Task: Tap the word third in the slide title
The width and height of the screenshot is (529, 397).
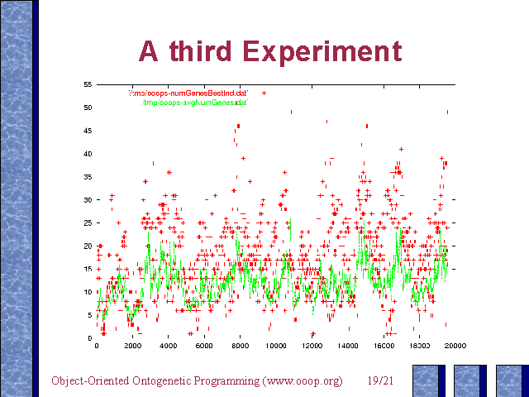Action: click(x=215, y=50)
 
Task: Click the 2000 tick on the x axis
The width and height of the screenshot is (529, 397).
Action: click(x=133, y=346)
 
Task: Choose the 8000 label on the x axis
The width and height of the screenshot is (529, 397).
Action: click(x=240, y=346)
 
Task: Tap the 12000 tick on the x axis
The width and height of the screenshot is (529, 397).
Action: click(x=312, y=346)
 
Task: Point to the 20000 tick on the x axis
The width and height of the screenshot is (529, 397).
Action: click(x=455, y=346)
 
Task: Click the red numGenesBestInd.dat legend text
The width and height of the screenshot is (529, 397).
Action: click(x=194, y=93)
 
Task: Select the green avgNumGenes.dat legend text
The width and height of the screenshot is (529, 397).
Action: click(x=195, y=103)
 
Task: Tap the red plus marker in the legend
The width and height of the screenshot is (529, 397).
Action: click(x=264, y=93)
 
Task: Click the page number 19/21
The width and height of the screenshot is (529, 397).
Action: click(x=379, y=381)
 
